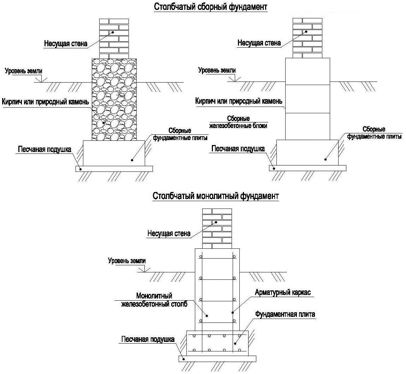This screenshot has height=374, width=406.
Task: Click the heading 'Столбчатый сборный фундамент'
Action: [x=210, y=7]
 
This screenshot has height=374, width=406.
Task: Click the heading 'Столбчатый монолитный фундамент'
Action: [x=215, y=196]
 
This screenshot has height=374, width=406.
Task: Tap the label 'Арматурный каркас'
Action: [x=282, y=292]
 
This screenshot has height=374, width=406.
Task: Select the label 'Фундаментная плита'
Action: [x=285, y=314]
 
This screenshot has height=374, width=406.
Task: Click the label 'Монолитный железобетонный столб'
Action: [x=154, y=300]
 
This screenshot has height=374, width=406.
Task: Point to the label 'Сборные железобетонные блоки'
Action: [x=238, y=122]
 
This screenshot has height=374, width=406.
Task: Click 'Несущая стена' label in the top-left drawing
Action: [x=66, y=43]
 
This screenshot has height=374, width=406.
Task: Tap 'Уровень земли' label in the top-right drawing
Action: [x=217, y=70]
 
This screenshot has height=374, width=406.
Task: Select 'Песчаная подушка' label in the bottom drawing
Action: [x=148, y=339]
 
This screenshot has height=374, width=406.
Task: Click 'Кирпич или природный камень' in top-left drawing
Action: [x=45, y=102]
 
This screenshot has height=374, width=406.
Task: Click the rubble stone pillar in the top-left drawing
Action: [x=114, y=99]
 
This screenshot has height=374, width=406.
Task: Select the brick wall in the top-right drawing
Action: [x=308, y=38]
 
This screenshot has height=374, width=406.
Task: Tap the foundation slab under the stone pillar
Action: [x=114, y=153]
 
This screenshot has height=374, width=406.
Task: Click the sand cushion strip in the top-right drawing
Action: [x=308, y=168]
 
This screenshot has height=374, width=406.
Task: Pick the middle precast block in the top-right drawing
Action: [x=308, y=99]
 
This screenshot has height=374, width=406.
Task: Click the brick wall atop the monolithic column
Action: [x=217, y=229]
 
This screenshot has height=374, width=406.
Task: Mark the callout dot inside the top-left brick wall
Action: [x=113, y=32]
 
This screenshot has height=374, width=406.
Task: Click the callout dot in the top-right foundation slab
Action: [x=326, y=159]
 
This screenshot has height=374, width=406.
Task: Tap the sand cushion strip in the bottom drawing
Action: [x=217, y=359]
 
